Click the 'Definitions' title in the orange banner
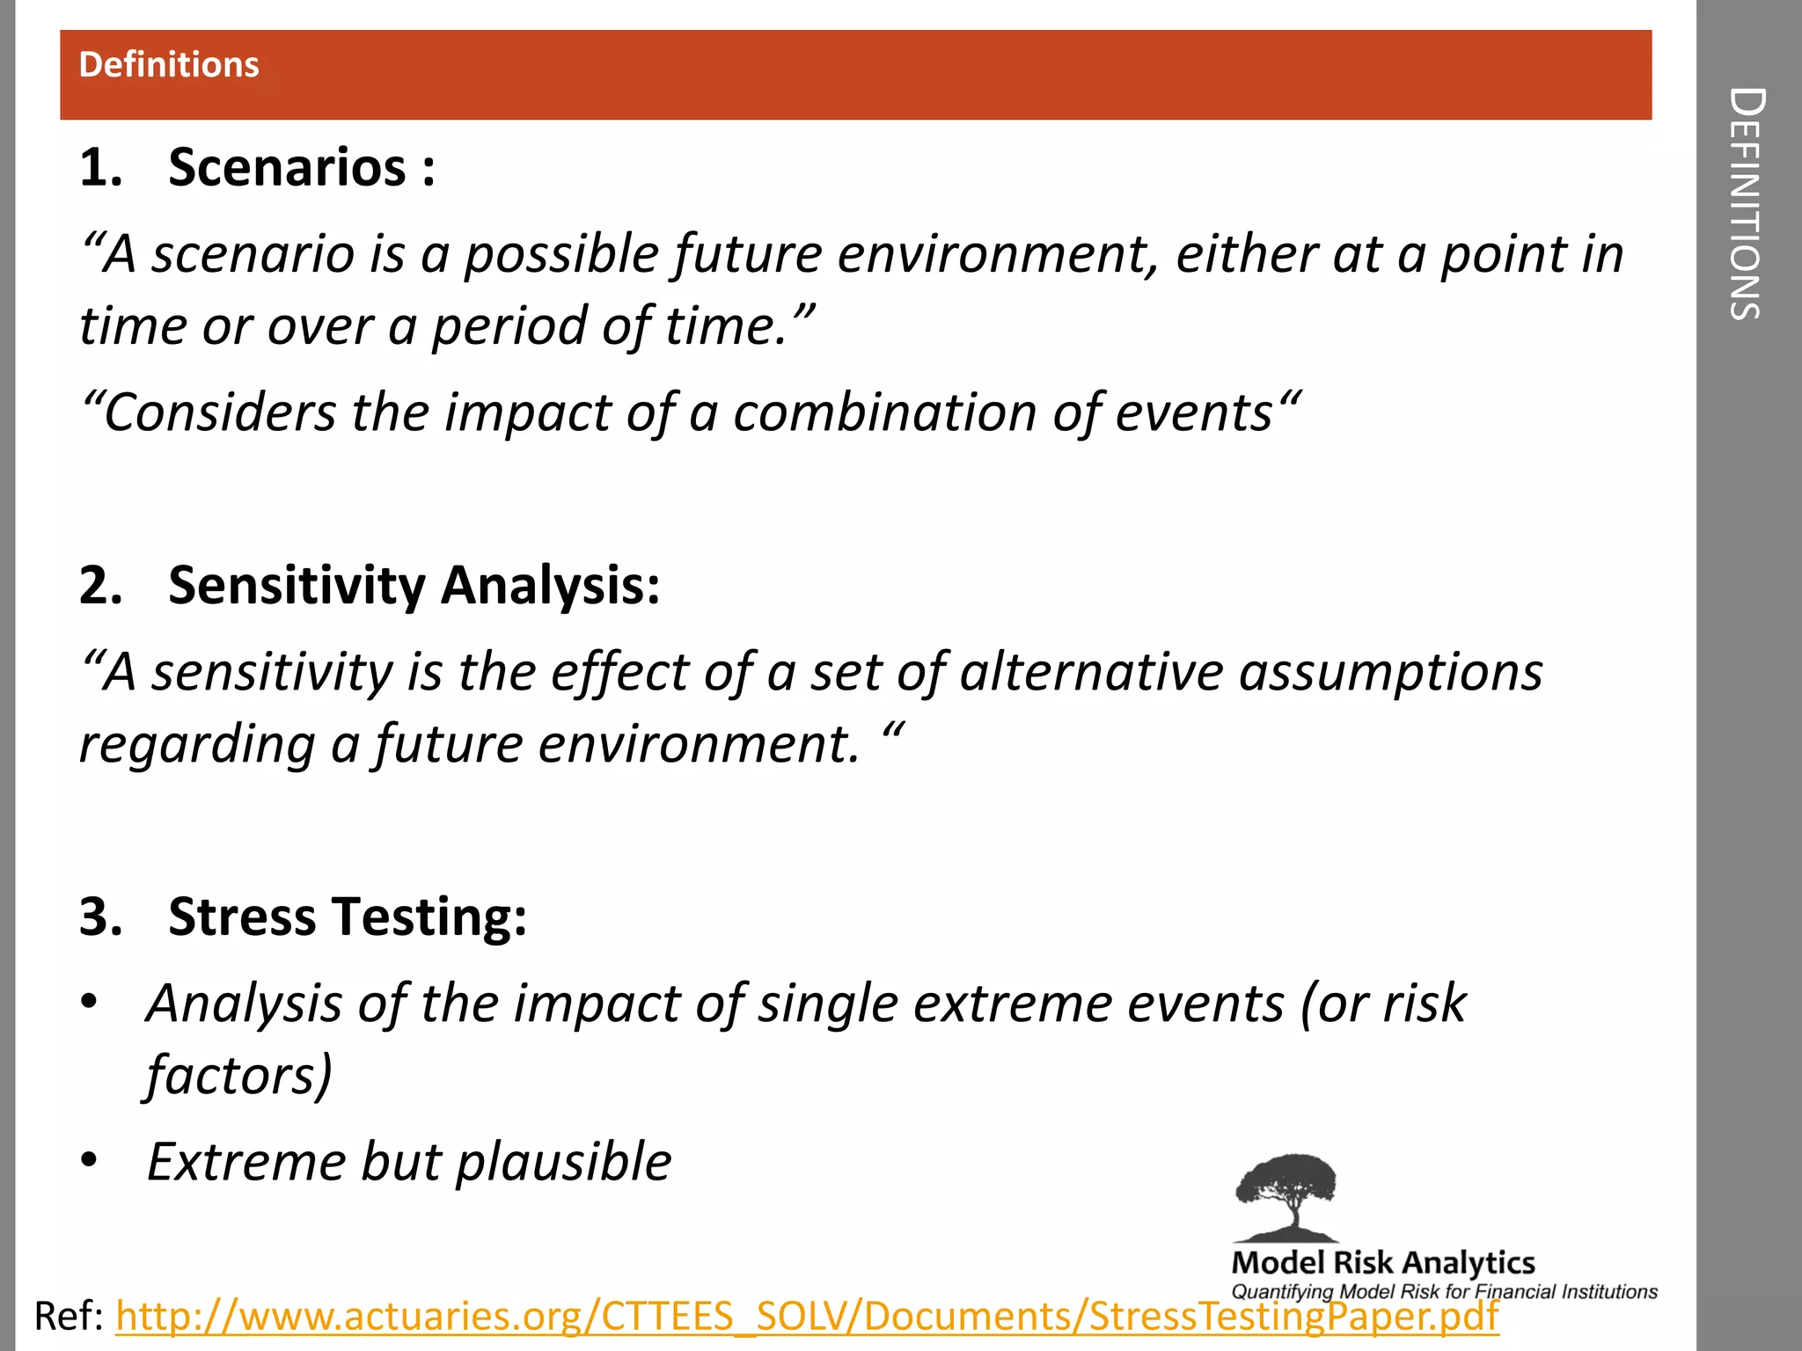coord(169,65)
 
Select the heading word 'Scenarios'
coord(287,167)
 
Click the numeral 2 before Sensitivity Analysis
coord(100,586)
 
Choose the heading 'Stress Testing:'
coord(348,916)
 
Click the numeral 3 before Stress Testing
coord(100,916)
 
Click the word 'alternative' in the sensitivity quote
coord(1091,673)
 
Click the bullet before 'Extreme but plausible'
coord(89,1162)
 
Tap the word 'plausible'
coord(563,1163)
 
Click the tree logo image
coord(1286,1196)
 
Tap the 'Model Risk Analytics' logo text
coord(1383,1263)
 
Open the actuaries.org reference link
coord(806,1317)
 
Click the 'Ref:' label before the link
coord(69,1317)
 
